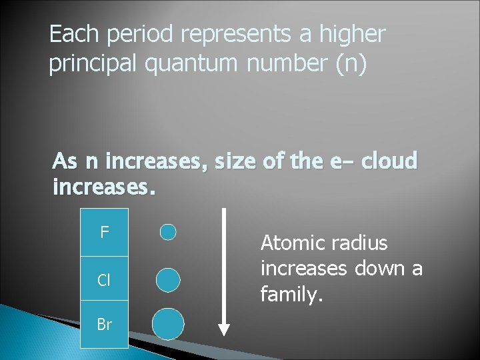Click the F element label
point(104,233)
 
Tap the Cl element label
point(104,280)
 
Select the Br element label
point(104,325)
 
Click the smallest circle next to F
point(169,232)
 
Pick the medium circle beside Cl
point(168,280)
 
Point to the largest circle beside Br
point(168,325)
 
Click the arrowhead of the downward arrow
point(224,329)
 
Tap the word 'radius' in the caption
point(360,243)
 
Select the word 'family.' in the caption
point(291,293)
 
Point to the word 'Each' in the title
point(71,35)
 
